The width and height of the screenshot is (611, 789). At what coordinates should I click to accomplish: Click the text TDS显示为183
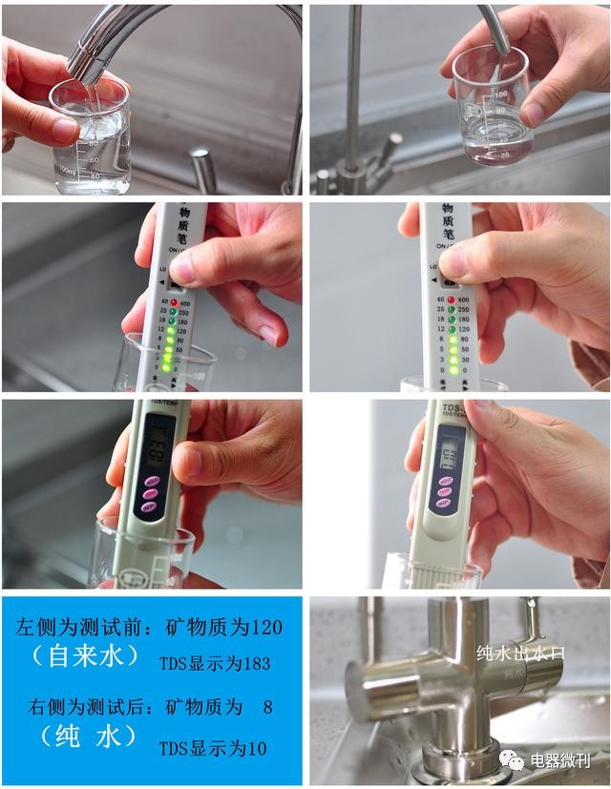click(214, 663)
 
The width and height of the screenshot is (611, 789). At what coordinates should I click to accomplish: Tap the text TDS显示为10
click(212, 749)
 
